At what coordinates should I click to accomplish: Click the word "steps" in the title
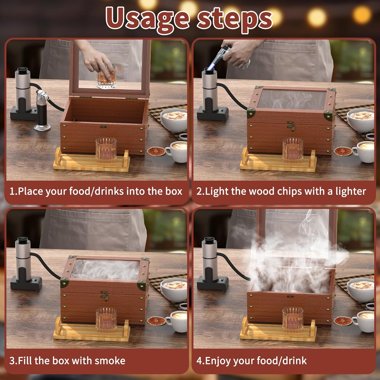[234, 19]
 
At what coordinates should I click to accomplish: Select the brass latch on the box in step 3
[104, 295]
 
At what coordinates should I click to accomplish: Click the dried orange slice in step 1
[156, 151]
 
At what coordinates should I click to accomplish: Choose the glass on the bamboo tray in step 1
[106, 150]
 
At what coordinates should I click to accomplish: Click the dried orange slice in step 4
[343, 321]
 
